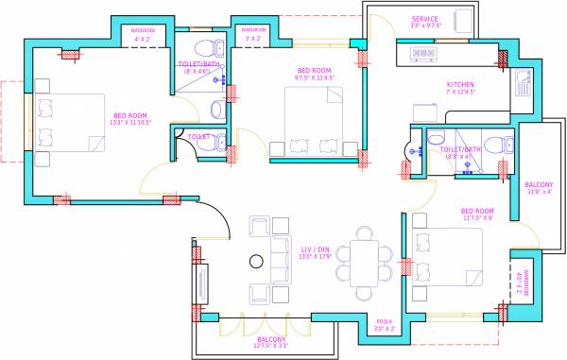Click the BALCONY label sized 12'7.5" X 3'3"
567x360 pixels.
[271, 341]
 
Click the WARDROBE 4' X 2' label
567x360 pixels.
[144, 36]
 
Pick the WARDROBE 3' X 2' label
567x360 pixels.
[252, 36]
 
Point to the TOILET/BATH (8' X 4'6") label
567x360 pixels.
[198, 67]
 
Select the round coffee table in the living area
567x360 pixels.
[254, 262]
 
